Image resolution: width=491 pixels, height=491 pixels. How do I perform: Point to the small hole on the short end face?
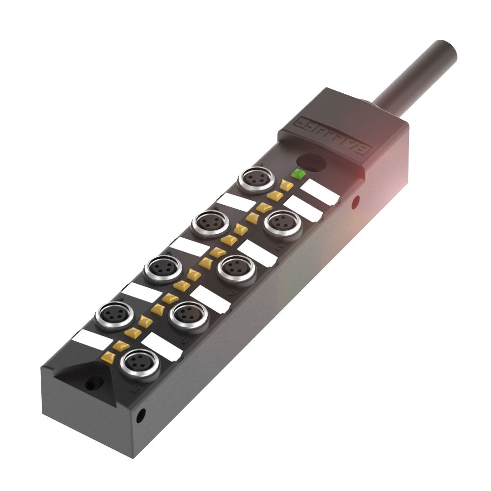[x=141, y=416]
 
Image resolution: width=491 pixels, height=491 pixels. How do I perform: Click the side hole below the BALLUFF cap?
[x=355, y=200]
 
